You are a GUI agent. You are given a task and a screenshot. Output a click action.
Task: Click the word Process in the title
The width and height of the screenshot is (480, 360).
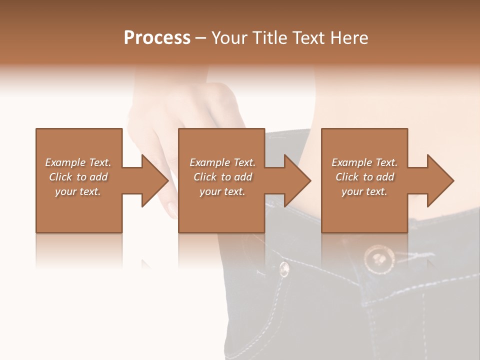157,38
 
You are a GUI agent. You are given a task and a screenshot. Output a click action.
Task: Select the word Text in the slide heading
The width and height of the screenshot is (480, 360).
306,38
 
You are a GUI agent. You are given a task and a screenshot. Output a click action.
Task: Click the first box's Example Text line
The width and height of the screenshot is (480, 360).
78,162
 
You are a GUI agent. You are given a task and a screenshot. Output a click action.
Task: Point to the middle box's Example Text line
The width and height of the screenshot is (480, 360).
222,162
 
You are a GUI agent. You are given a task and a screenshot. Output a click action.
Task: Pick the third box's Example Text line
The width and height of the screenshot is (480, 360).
364,162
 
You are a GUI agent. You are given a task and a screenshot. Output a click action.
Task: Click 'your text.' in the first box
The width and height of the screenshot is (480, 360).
78,191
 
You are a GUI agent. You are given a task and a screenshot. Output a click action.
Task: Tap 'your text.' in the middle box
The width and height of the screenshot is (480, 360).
222,191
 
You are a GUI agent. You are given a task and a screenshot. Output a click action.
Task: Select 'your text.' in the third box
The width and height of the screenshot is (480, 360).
364,191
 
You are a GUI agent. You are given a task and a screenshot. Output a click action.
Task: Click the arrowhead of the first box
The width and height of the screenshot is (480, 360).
154,180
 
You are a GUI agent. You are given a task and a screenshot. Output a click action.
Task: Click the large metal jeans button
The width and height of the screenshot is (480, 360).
378,258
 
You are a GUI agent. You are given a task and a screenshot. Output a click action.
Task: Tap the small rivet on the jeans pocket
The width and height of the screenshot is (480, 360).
284,269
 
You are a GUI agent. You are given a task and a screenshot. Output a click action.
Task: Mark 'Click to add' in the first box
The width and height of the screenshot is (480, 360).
78,177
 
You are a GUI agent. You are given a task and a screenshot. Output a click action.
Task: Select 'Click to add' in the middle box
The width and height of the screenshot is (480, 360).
222,177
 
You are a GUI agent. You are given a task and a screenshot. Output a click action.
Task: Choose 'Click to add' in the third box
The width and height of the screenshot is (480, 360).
364,177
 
